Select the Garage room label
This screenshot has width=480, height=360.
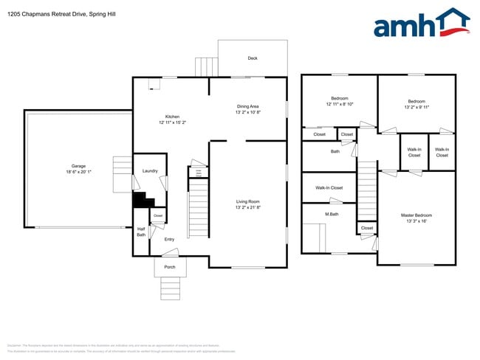pyautogui.click(x=79, y=166)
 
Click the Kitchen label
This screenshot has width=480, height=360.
pyautogui.click(x=172, y=117)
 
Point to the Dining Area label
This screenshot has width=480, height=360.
pyautogui.click(x=248, y=106)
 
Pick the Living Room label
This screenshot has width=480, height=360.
pyautogui.click(x=248, y=201)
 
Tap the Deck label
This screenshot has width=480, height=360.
pyautogui.click(x=253, y=58)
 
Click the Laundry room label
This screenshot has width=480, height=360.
pyautogui.click(x=150, y=171)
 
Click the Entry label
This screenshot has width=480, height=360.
pyautogui.click(x=169, y=239)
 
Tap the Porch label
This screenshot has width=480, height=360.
pyautogui.click(x=169, y=267)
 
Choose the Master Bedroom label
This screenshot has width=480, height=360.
pyautogui.click(x=417, y=215)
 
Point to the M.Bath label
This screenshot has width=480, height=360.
pyautogui.click(x=332, y=215)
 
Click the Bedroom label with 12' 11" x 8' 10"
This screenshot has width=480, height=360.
pyautogui.click(x=340, y=98)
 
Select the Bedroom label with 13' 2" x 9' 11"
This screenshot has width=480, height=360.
pyautogui.click(x=417, y=101)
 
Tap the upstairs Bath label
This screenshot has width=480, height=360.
pyautogui.click(x=335, y=151)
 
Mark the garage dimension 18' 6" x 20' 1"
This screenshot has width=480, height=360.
pyautogui.click(x=79, y=172)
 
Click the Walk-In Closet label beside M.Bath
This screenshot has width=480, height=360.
pyautogui.click(x=329, y=187)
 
